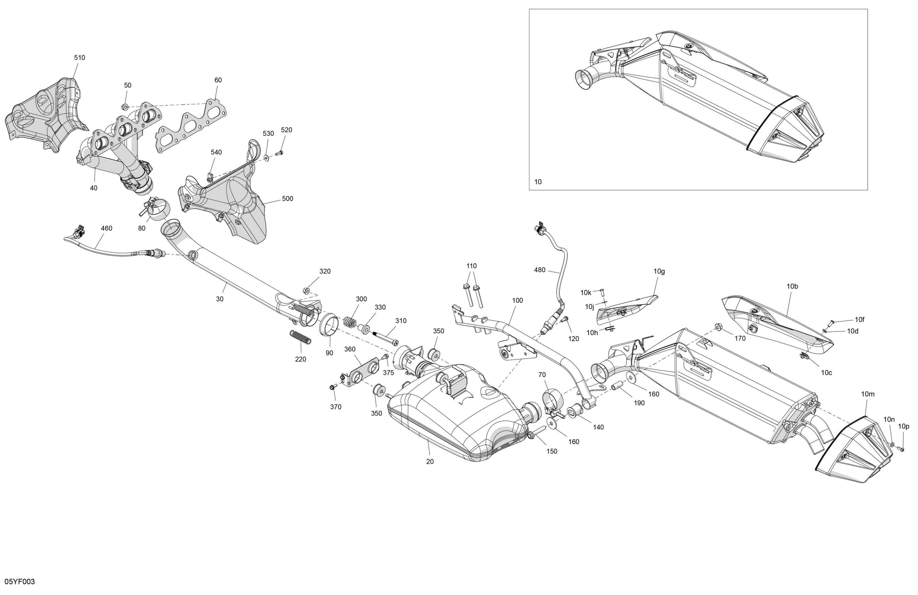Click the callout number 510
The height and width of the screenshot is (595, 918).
pos(80,58)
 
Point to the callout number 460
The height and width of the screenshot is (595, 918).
pos(106,228)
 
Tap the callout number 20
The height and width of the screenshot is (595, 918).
pos(430,462)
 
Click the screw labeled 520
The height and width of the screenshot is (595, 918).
pos(280,153)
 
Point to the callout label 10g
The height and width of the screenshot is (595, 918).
pos(659,271)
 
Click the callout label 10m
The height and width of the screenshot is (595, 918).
pos(868,394)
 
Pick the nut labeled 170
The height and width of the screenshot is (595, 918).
pos(718,327)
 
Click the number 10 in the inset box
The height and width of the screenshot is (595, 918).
pos(538,182)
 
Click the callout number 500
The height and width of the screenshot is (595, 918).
pos(287,199)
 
